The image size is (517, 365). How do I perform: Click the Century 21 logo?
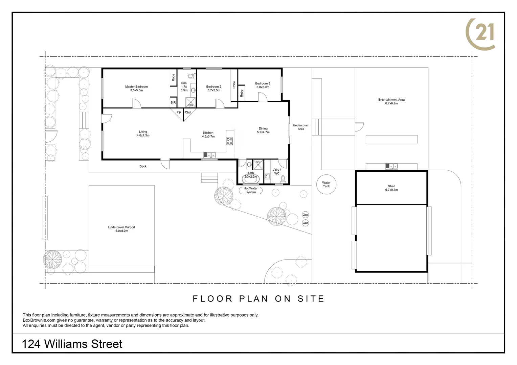481,34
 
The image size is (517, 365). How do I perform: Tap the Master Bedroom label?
136,89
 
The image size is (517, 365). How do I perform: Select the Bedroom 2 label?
214,89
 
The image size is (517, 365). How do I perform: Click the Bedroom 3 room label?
263,85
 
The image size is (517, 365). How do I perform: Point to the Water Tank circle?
326,185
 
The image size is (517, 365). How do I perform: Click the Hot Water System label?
251,190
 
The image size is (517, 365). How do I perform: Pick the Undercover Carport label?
121,229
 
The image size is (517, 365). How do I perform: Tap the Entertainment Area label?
391,101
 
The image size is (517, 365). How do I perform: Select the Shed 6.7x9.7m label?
391,188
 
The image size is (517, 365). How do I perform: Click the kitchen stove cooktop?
230,141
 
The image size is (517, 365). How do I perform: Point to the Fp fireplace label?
179,112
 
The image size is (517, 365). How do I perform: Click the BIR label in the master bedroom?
173,102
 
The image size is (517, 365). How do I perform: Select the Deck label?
143,166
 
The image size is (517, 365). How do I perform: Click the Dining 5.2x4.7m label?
263,130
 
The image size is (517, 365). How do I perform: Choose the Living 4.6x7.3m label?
143,133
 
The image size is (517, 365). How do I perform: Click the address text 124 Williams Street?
72,344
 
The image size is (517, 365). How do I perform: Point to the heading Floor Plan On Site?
258,299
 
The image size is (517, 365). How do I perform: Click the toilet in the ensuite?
192,76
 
